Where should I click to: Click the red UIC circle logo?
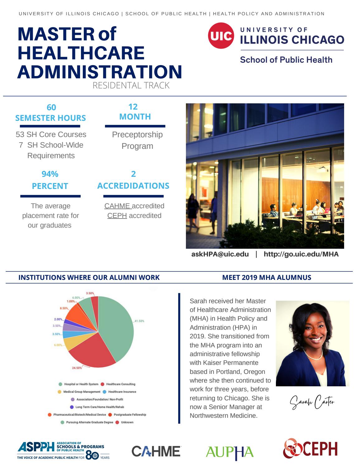click(221, 36)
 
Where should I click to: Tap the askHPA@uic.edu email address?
click(220, 254)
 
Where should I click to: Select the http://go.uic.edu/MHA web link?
click(301, 254)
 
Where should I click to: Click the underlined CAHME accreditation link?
click(117, 206)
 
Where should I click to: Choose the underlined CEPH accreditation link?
click(117, 215)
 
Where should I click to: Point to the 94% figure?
click(50, 174)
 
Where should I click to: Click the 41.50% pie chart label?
click(139, 321)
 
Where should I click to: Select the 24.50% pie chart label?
click(77, 368)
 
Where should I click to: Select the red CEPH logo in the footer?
click(310, 449)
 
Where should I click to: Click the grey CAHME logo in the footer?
click(156, 451)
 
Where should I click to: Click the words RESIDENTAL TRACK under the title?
click(131, 85)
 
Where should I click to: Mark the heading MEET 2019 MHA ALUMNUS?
click(267, 277)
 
